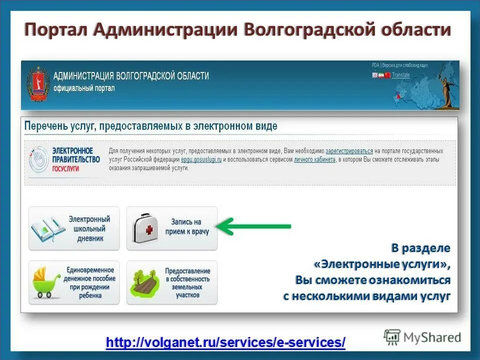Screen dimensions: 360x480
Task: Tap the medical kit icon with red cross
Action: pos(145,229)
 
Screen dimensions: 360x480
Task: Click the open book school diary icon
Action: pos(47,228)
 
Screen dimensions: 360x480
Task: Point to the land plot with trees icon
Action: pos(145,282)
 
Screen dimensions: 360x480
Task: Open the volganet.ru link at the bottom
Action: pos(225,342)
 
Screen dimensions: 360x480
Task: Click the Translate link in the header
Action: pos(400,75)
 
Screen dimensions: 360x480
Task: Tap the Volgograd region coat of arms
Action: pos(37,84)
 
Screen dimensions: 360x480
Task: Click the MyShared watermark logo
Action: pos(422,337)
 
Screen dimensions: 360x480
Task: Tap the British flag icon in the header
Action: pos(375,75)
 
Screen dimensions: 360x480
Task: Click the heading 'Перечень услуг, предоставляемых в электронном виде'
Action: pos(150,126)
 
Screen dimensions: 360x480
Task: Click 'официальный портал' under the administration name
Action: pos(84,88)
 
